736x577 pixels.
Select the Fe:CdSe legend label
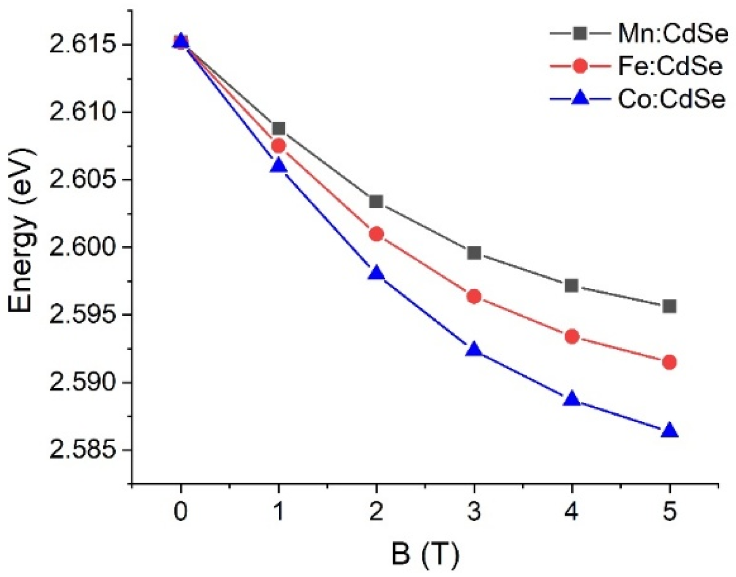click(x=670, y=66)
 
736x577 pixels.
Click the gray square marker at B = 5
click(x=669, y=306)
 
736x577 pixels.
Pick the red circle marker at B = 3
click(x=474, y=296)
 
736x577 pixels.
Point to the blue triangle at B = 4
click(x=572, y=399)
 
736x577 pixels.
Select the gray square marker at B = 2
click(x=376, y=201)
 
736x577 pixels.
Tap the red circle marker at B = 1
click(x=278, y=146)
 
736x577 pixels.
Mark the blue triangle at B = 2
click(x=376, y=273)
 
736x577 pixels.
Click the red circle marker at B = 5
click(x=669, y=362)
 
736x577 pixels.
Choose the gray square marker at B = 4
click(x=572, y=285)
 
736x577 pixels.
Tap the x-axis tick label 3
click(x=474, y=512)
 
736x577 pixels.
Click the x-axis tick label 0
click(x=181, y=512)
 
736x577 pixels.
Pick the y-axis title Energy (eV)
click(x=21, y=231)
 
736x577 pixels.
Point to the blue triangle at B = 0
click(x=181, y=42)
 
